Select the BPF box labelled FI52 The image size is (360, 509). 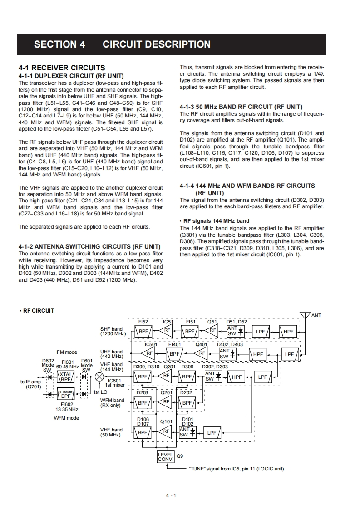tap(143, 331)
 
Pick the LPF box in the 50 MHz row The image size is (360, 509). tap(212, 432)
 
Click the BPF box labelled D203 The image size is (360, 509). tap(143, 402)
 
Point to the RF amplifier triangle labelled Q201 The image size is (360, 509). tap(165, 402)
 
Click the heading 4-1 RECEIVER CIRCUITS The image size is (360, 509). tap(62, 68)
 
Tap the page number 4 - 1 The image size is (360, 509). tap(171, 495)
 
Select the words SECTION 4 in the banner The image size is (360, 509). tap(60, 44)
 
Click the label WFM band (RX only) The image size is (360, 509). tap(112, 403)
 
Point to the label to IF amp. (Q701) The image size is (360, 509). tap(30, 384)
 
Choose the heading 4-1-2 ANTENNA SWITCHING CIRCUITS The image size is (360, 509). tap(89, 247)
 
